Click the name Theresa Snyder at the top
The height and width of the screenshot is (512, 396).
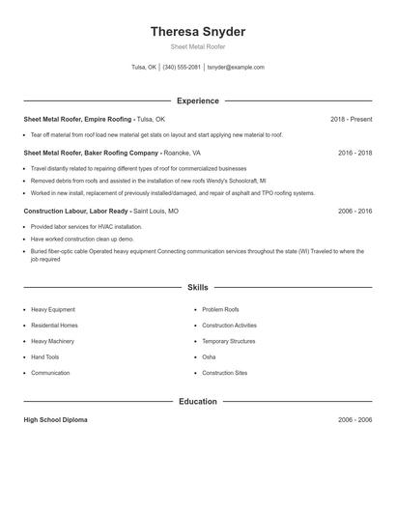click(x=197, y=32)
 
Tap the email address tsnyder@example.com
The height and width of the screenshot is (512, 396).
click(x=236, y=68)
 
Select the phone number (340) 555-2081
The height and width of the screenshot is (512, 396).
click(x=182, y=68)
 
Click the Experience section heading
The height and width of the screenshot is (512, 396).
click(x=197, y=100)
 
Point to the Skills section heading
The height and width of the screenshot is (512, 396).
click(x=197, y=287)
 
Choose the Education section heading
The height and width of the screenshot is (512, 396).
click(x=197, y=401)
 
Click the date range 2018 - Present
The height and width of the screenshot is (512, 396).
click(x=351, y=119)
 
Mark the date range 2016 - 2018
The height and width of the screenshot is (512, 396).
click(x=354, y=153)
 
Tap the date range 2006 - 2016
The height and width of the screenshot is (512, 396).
click(x=354, y=211)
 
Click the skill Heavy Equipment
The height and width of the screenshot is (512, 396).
click(x=53, y=309)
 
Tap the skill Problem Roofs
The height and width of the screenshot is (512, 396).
click(x=220, y=309)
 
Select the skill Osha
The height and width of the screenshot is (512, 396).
click(x=209, y=356)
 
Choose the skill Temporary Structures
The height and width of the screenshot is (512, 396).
click(x=228, y=341)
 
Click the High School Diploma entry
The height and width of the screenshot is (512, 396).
click(x=55, y=420)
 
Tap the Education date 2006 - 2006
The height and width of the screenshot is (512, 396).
click(x=354, y=420)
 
